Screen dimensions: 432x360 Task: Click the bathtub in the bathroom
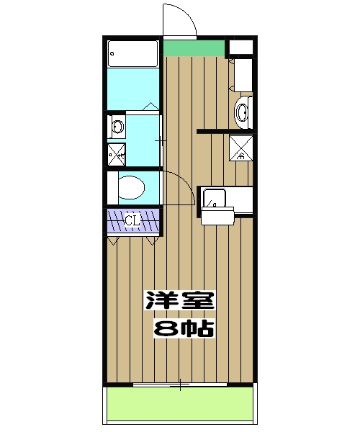[132, 54]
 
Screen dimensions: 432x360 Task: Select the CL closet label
[131, 221]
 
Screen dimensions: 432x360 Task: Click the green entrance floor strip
[193, 48]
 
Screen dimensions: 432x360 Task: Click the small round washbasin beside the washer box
[117, 128]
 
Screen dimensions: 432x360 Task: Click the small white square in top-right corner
[240, 48]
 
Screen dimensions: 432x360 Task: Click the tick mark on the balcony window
[180, 385]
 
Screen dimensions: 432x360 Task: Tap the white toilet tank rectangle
[112, 189]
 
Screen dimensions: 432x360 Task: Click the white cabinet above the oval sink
[243, 76]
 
